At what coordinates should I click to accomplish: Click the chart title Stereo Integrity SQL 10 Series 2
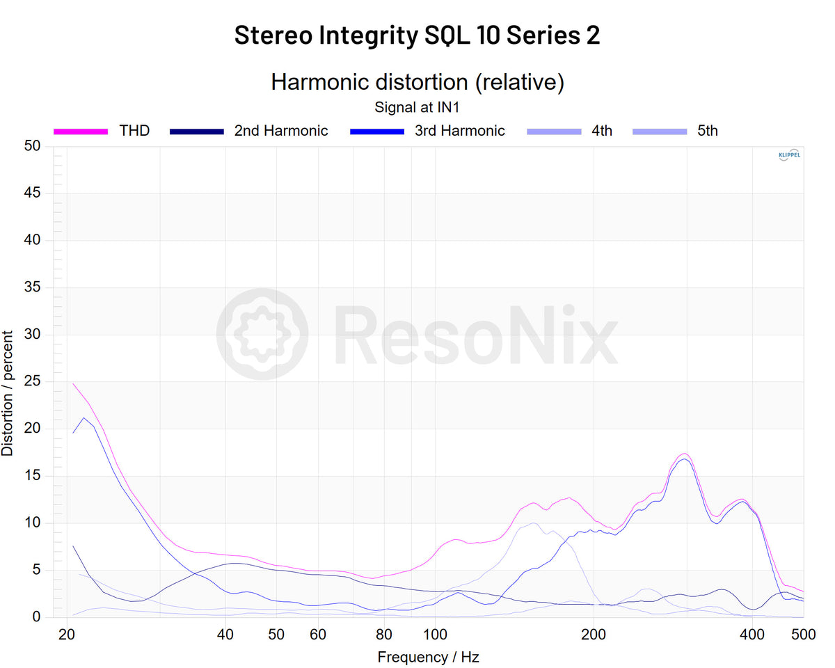pos(417,35)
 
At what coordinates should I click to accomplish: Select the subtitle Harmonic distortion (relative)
pos(417,82)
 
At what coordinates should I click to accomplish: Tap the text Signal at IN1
pos(417,107)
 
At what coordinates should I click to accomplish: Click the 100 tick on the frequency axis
pos(435,634)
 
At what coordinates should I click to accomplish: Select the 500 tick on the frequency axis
pos(803,634)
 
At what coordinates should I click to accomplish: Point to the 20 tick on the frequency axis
pos(67,634)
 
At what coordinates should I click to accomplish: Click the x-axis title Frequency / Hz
pos(428,657)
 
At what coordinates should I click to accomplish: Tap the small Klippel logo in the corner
pos(788,155)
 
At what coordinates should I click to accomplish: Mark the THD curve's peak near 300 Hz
pos(684,454)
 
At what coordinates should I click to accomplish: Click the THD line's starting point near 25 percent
pos(73,383)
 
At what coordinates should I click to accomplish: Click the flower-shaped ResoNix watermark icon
pos(262,334)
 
